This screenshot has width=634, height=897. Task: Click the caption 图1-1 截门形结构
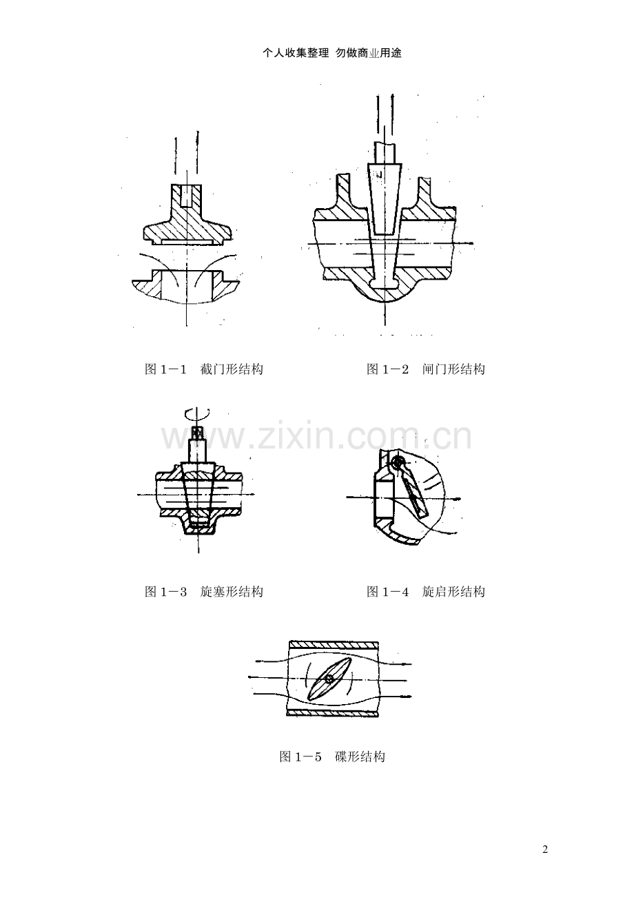pos(204,369)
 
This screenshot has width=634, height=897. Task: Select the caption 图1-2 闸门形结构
pos(426,369)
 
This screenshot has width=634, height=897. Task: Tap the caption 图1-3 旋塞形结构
pos(204,592)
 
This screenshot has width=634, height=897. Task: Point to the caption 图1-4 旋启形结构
pos(426,592)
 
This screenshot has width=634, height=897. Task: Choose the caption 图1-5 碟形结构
pos(332,757)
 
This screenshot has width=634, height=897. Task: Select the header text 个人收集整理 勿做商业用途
pos(332,53)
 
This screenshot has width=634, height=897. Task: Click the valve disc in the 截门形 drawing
pos(187,223)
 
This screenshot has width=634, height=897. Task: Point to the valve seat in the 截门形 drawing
pos(186,285)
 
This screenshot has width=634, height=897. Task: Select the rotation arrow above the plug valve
pos(196,414)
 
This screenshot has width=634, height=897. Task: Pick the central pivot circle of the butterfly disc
pos(329,678)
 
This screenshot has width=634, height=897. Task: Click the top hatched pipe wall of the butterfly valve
pos(334,643)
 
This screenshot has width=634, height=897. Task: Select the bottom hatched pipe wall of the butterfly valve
pos(332,713)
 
